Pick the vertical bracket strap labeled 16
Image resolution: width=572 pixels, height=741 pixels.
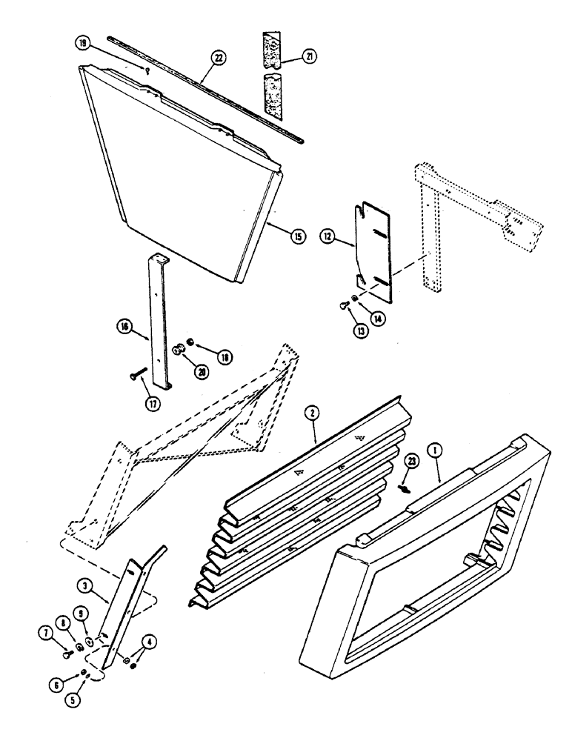[x=158, y=319]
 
